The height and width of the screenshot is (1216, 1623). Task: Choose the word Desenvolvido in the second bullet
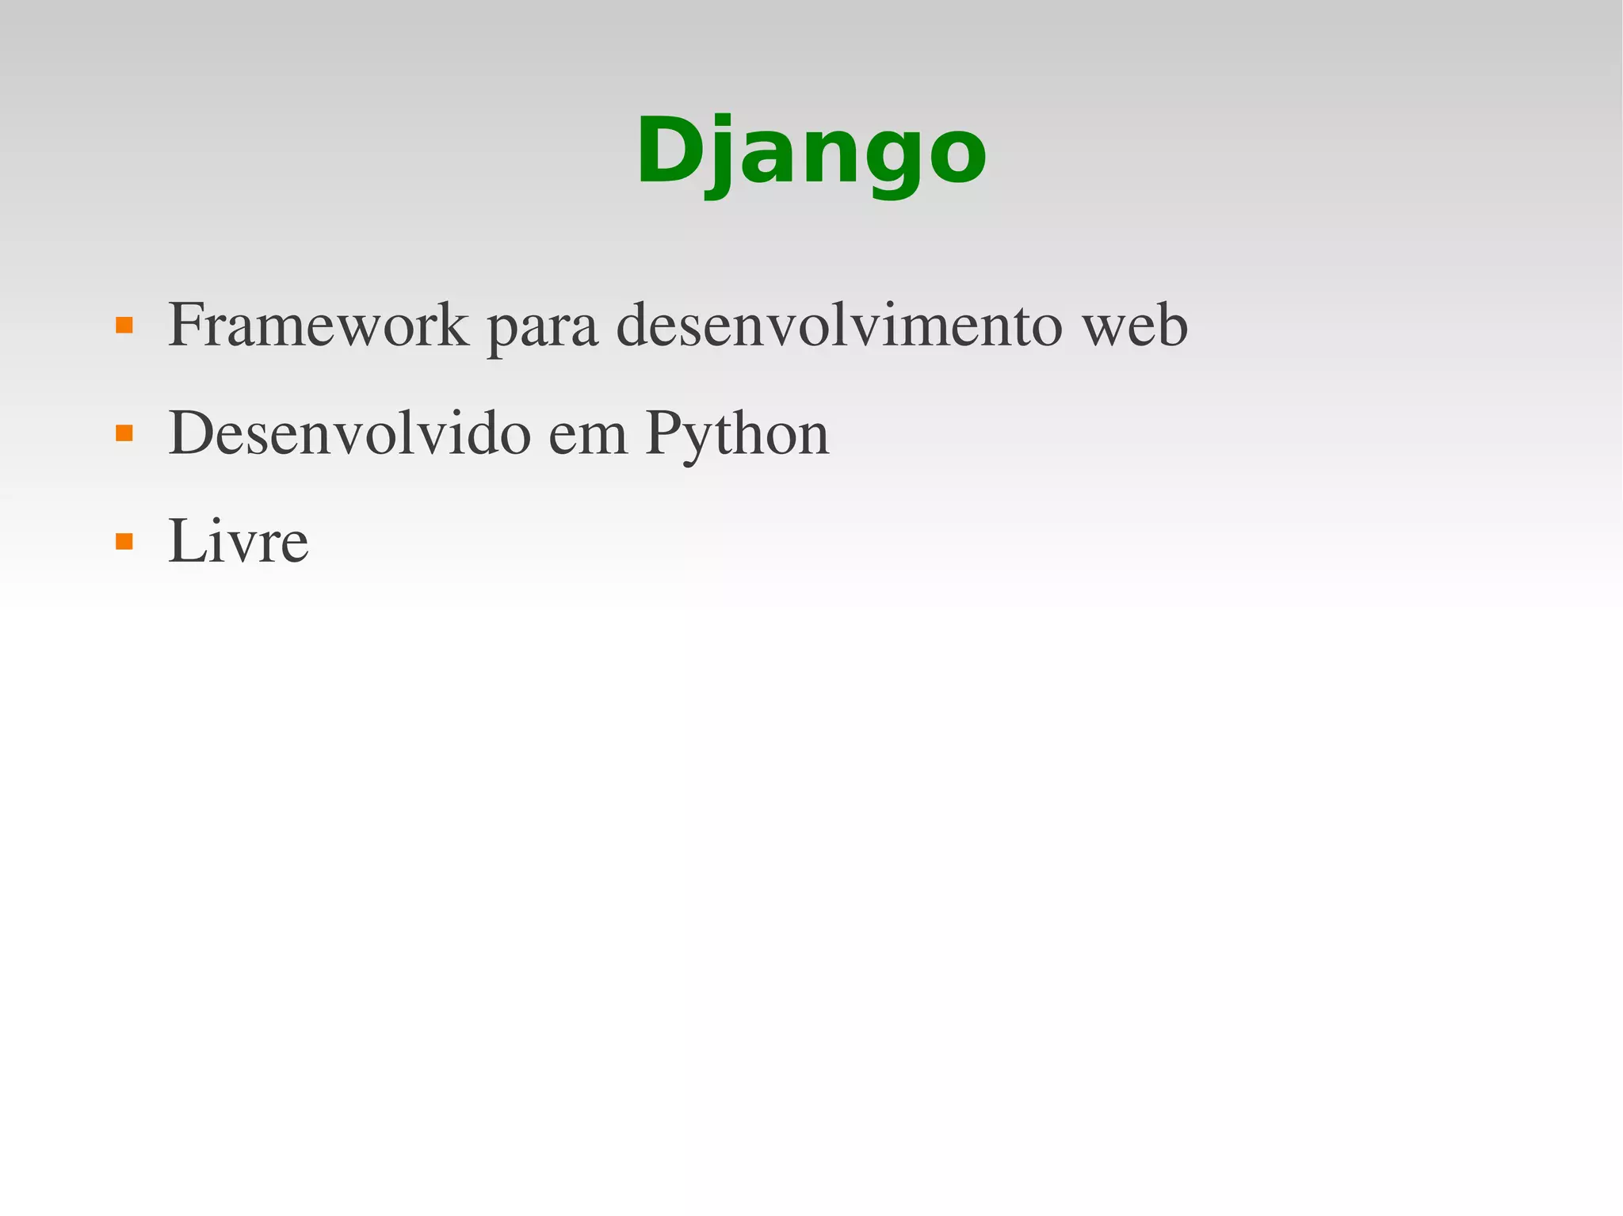click(x=349, y=433)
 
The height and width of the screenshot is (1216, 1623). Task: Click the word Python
click(x=737, y=436)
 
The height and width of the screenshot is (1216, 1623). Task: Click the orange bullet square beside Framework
click(x=124, y=326)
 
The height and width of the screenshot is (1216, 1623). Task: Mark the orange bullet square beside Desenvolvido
click(x=124, y=433)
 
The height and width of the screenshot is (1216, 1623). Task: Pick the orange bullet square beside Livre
click(x=124, y=542)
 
